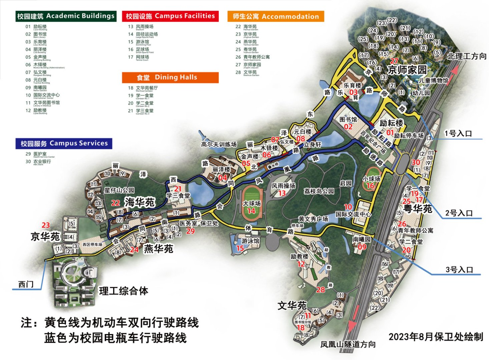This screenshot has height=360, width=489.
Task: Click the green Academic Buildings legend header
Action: [66, 16]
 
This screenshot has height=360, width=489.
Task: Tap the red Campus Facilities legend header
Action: [170, 16]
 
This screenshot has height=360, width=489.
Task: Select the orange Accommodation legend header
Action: [276, 16]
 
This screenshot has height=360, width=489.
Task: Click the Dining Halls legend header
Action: [170, 77]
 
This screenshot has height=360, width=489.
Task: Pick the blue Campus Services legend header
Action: [64, 143]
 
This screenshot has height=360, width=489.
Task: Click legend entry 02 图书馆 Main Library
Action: [36, 35]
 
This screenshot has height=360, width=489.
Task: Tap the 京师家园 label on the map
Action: [407, 70]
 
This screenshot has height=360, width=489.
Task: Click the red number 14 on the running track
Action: [251, 211]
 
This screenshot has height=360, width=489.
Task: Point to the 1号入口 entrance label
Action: [458, 133]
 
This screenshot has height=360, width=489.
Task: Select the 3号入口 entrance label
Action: [459, 269]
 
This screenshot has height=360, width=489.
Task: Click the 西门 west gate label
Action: [26, 284]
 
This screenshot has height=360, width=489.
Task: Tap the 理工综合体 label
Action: [123, 291]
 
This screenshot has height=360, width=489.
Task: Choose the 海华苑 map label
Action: [139, 202]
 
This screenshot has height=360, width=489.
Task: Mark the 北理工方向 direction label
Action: [466, 56]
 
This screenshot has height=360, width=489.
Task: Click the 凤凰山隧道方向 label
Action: [348, 344]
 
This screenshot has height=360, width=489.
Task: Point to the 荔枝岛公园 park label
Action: [319, 191]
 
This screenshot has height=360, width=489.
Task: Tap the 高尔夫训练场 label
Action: [219, 144]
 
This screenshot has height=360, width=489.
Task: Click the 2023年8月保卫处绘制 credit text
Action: [436, 337]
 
